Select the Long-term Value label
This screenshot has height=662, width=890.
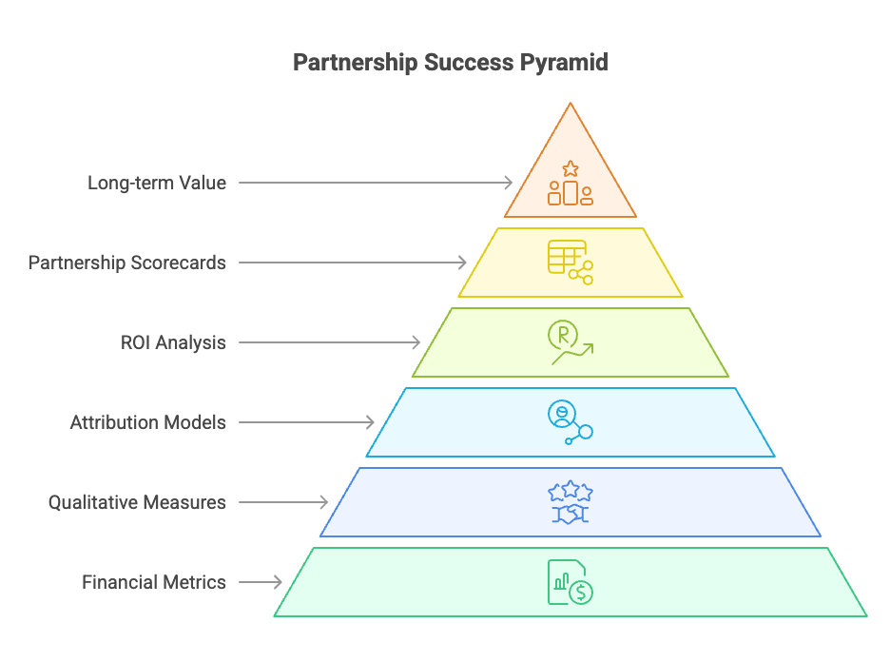[157, 183]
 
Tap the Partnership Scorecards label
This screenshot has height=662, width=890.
[127, 263]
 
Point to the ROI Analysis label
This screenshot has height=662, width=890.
[173, 342]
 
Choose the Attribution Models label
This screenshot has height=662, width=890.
[148, 422]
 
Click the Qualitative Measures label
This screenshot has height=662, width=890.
[137, 502]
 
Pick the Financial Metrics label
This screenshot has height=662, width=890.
[154, 582]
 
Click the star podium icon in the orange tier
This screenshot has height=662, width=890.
[571, 184]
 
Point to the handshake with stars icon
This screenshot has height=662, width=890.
[571, 503]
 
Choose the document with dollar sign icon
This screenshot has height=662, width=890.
[571, 582]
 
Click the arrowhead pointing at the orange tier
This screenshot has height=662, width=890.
[508, 183]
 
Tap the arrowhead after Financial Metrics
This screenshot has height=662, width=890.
[278, 582]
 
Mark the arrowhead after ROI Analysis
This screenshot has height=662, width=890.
[416, 342]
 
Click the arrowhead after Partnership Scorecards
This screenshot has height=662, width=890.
[462, 263]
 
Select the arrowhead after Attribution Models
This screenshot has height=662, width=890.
[370, 422]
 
